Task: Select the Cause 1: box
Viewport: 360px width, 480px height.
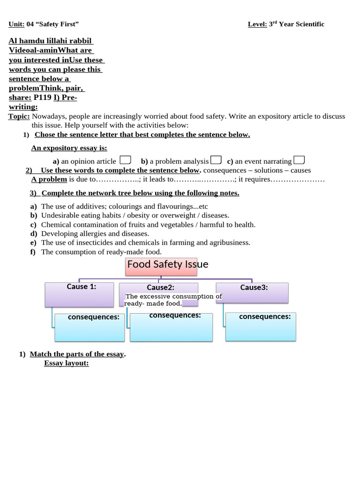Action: click(79, 295)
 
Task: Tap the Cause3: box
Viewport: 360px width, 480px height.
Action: click(252, 292)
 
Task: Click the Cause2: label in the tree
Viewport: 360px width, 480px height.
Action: click(160, 287)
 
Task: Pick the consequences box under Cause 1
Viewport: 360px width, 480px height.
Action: click(90, 327)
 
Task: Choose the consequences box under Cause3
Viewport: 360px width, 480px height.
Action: click(261, 327)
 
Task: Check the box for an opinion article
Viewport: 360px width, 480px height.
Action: click(125, 160)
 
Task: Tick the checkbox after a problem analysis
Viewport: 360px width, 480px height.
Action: click(216, 160)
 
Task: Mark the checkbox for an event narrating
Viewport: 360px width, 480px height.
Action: click(299, 160)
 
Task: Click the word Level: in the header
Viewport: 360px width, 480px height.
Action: click(257, 24)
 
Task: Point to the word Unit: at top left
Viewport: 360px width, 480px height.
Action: click(16, 24)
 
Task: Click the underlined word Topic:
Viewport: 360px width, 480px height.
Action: click(19, 116)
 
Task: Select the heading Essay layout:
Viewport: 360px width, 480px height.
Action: click(66, 363)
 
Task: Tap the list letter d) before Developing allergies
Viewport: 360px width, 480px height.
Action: click(33, 233)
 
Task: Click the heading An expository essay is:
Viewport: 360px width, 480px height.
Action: click(69, 148)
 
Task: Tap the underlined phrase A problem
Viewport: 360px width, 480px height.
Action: click(49, 179)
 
